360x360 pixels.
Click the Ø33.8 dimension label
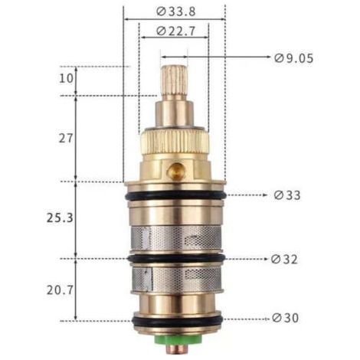click(176, 11)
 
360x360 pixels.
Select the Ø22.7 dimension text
click(176, 31)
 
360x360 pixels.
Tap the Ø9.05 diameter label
click(293, 58)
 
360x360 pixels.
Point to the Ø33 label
click(287, 195)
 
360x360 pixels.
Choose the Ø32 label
click(284, 260)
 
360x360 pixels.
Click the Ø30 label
click(285, 318)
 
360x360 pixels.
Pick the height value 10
click(66, 78)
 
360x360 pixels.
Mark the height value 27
click(66, 139)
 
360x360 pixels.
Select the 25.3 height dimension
click(60, 218)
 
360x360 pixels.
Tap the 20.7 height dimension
click(60, 290)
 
